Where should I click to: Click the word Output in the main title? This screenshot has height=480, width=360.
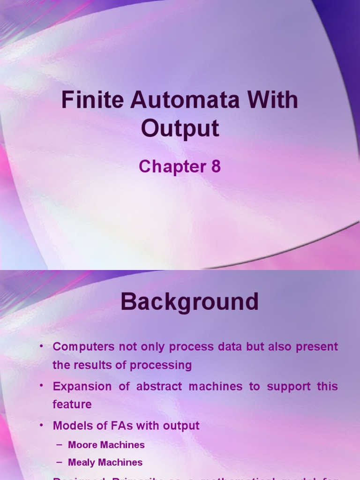point(180,128)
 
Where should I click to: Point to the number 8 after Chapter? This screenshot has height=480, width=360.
point(216,167)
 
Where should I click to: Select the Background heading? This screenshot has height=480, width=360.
point(189,302)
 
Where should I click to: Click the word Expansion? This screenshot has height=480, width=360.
point(82,387)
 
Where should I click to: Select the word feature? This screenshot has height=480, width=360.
point(72,405)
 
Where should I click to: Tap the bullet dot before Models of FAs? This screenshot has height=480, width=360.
point(42,425)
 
